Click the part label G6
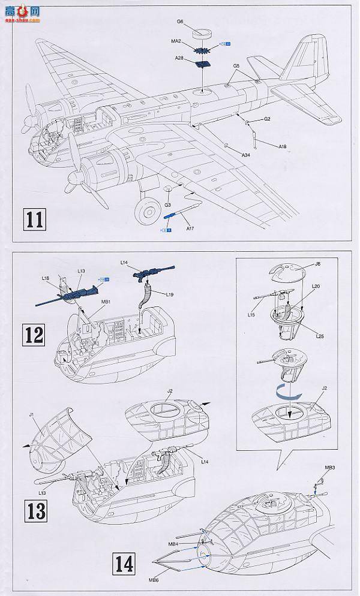tap(179, 22)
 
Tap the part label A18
tap(283, 146)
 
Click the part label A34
tap(245, 155)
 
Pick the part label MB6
tap(154, 580)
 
